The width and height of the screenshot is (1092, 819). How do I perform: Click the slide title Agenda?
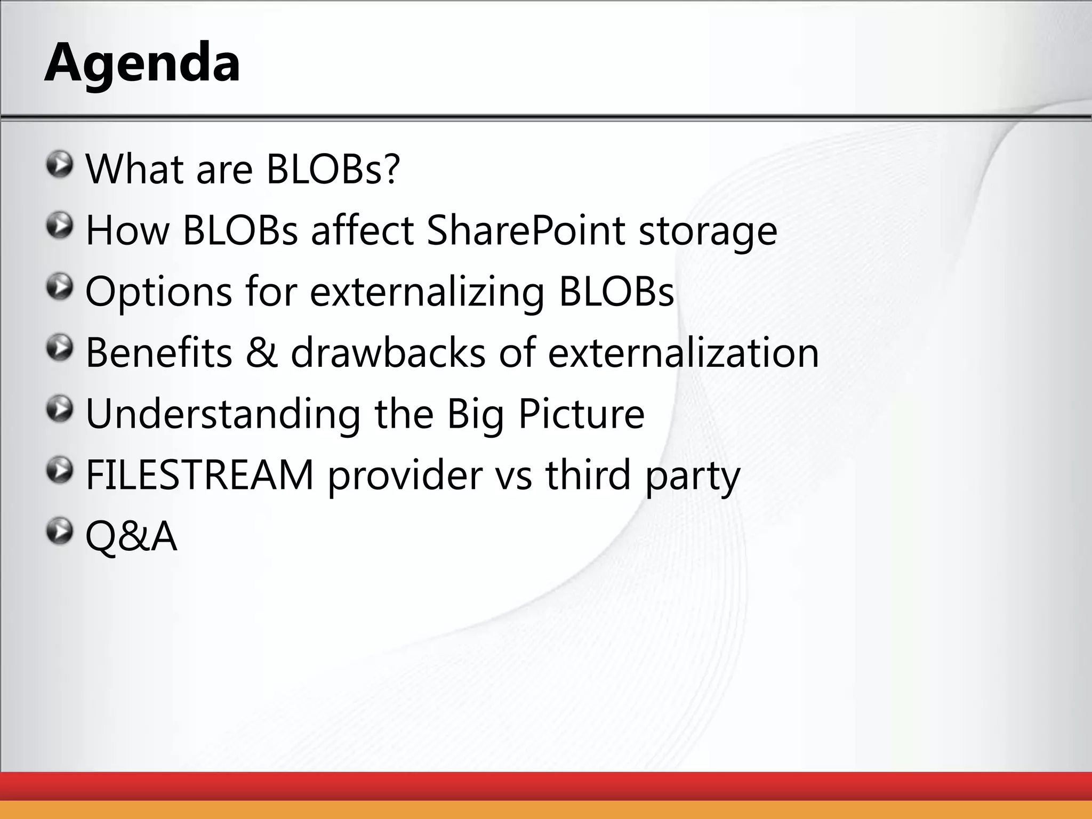tap(142, 63)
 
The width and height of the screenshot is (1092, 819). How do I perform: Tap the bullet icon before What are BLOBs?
tap(59, 165)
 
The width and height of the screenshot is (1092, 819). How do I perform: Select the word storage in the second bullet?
tap(708, 233)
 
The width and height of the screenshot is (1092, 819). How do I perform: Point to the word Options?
tap(158, 293)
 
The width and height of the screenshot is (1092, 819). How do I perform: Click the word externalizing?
tap(427, 293)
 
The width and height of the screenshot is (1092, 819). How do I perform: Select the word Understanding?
tap(223, 414)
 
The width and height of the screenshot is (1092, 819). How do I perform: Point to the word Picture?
tap(581, 414)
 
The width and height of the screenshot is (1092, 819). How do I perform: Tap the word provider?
tap(404, 476)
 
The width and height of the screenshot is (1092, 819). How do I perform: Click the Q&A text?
tap(131, 536)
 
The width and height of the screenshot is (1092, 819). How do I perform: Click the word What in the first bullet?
tap(134, 170)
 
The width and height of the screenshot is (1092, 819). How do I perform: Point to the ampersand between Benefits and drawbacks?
tap(262, 353)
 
